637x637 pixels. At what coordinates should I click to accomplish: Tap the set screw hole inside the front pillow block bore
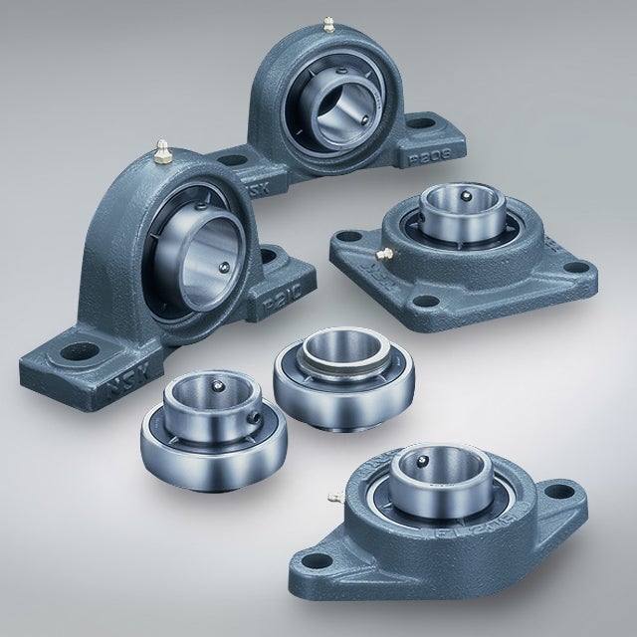224,266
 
